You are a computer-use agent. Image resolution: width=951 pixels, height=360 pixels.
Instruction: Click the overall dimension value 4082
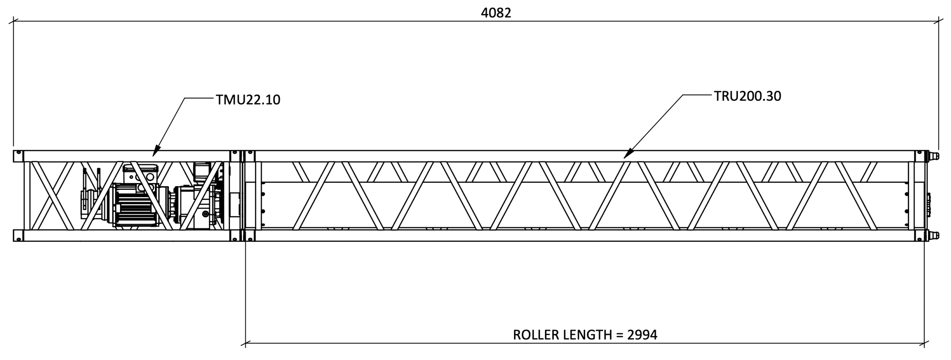(x=496, y=13)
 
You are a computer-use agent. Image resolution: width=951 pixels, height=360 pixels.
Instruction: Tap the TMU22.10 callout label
(x=248, y=100)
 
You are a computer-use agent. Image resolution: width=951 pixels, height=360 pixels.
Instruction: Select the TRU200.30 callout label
(x=747, y=96)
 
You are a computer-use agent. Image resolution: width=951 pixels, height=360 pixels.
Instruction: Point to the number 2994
(x=642, y=335)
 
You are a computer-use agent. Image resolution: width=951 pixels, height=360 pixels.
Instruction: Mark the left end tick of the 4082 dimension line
(x=14, y=21)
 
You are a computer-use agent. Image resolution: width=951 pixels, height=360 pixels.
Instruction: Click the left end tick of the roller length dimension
(x=246, y=343)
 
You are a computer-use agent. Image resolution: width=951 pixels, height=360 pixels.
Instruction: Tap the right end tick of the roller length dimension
(x=924, y=343)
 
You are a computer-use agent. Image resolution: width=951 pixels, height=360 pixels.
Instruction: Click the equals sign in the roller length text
(x=619, y=335)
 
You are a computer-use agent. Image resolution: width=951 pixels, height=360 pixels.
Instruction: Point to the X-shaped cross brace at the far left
(x=52, y=196)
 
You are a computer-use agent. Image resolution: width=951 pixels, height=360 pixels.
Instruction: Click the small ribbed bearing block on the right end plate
(x=928, y=210)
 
